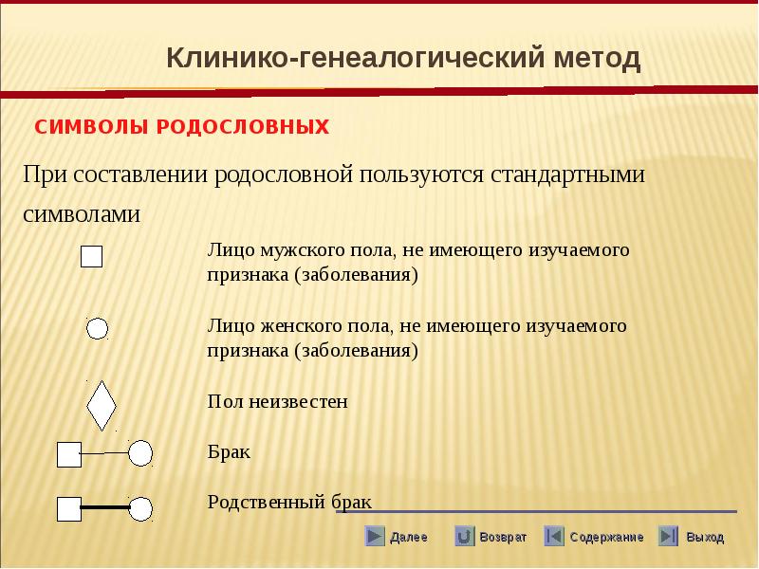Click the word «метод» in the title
point(597,58)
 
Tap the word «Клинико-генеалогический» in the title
point(355,59)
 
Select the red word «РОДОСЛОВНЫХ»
point(243,127)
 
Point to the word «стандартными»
point(567,175)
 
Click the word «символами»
point(82,214)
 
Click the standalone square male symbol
point(91,256)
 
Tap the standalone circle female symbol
point(97,329)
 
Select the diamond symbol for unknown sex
point(102,406)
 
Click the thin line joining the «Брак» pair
point(104,453)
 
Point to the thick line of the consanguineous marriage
point(105,507)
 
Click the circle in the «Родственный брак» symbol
point(140,509)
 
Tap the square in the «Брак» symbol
point(69,455)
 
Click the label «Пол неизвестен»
point(277,401)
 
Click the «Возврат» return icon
point(464,536)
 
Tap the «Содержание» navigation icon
point(554,536)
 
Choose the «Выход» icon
point(668,536)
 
